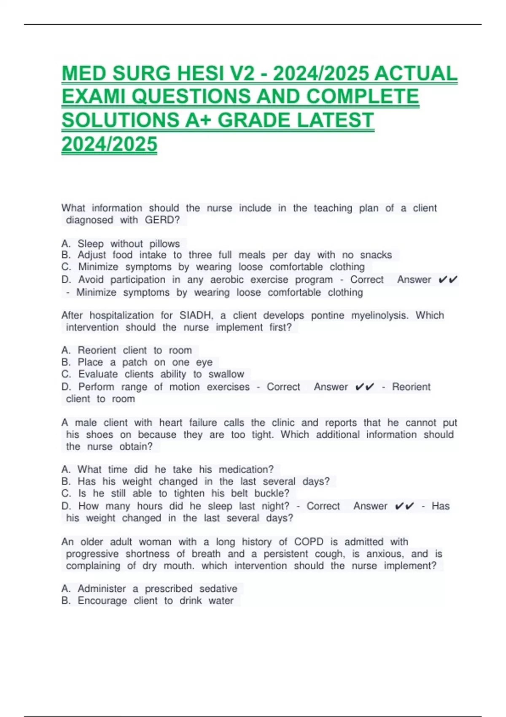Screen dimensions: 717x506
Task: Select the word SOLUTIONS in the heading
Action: coord(120,121)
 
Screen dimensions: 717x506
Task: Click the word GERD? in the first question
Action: coord(162,220)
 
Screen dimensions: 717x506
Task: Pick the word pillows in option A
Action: coord(164,244)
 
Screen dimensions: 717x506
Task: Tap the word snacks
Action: coord(376,255)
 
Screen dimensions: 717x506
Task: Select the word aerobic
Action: coord(227,280)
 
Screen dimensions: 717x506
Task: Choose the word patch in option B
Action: coord(135,362)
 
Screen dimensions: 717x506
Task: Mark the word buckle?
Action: coord(272,493)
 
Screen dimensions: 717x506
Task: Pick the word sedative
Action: coord(218,589)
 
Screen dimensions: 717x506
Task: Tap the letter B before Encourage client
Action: coord(65,601)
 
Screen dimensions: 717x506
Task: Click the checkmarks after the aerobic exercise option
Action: coord(448,280)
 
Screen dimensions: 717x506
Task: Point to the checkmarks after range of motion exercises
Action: coord(365,387)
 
